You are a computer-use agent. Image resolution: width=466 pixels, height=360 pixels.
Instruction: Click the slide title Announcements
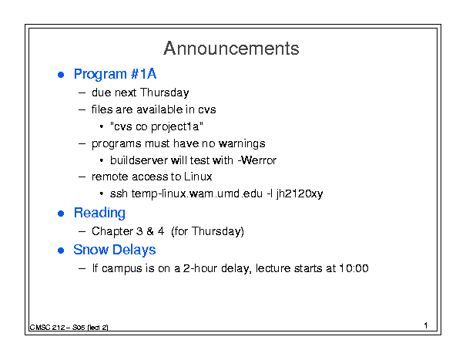pyautogui.click(x=231, y=49)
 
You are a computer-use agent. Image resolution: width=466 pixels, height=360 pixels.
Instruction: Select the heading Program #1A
pyautogui.click(x=115, y=74)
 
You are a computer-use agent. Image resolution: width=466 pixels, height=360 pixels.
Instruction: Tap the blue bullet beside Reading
pyautogui.click(x=61, y=214)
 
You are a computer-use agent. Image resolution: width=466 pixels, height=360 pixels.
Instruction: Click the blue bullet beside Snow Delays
pyautogui.click(x=61, y=251)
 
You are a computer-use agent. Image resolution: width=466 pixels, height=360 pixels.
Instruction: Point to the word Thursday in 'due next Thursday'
pyautogui.click(x=164, y=93)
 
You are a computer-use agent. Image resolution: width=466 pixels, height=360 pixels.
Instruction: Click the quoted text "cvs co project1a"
pyautogui.click(x=156, y=126)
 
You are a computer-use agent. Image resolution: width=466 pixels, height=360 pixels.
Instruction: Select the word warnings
pyautogui.click(x=242, y=144)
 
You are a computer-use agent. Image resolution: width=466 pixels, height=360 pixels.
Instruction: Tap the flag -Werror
pyautogui.click(x=257, y=160)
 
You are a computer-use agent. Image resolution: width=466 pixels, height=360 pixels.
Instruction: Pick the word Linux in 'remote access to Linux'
pyautogui.click(x=198, y=177)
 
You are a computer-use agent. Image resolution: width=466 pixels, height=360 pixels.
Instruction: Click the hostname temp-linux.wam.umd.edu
pyautogui.click(x=197, y=194)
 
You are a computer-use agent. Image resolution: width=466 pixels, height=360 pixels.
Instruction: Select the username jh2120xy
pyautogui.click(x=300, y=194)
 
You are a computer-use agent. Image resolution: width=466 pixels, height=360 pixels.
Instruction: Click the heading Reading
pyautogui.click(x=99, y=214)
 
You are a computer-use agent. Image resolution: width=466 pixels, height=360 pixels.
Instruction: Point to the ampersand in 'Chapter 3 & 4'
pyautogui.click(x=150, y=231)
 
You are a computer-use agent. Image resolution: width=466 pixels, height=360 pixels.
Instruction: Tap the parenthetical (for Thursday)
pyautogui.click(x=207, y=231)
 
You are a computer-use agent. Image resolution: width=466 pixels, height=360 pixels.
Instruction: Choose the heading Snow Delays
pyautogui.click(x=115, y=250)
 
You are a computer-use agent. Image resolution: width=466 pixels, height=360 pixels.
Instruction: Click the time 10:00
pyautogui.click(x=354, y=269)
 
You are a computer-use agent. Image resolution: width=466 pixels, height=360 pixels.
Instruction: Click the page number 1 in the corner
pyautogui.click(x=426, y=325)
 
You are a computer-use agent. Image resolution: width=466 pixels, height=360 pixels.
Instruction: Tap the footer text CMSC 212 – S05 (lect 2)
pyautogui.click(x=69, y=328)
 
